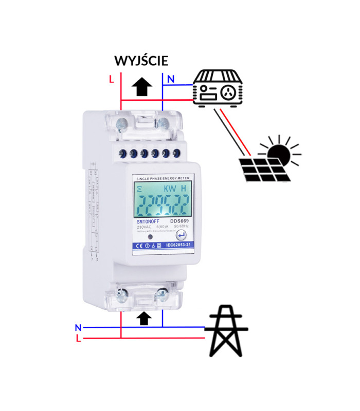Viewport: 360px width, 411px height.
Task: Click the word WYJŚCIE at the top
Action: [x=141, y=61]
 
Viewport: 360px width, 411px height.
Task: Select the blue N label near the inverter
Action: [x=171, y=79]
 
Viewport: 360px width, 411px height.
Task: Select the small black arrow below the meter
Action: [x=146, y=319]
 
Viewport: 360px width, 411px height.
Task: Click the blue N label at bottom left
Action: [x=78, y=327]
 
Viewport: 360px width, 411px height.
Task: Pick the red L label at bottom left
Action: [x=78, y=339]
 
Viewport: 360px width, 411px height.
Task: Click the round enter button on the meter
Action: [x=182, y=235]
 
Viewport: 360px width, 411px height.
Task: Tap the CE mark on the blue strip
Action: [x=137, y=247]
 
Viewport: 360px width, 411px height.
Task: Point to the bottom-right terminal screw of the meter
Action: [x=162, y=294]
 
